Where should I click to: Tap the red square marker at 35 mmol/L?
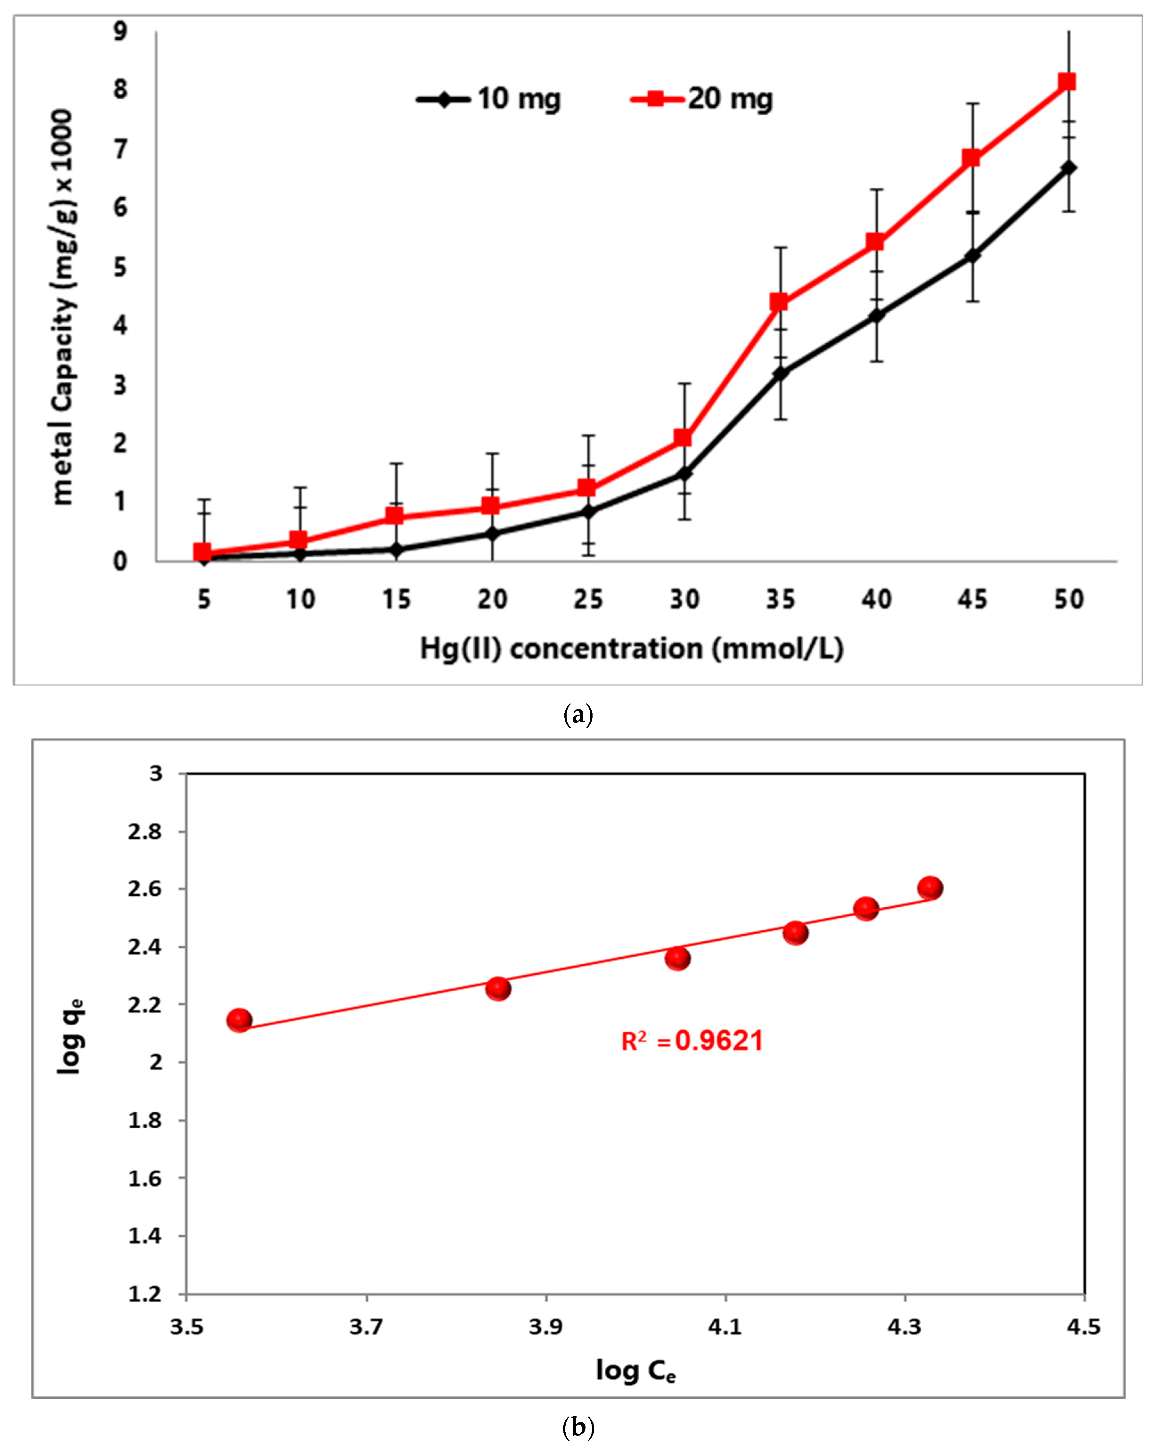[x=779, y=302]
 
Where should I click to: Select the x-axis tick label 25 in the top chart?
[x=588, y=599]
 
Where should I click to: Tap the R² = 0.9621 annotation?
[x=692, y=1041]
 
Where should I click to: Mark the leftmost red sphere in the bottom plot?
[x=239, y=1020]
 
